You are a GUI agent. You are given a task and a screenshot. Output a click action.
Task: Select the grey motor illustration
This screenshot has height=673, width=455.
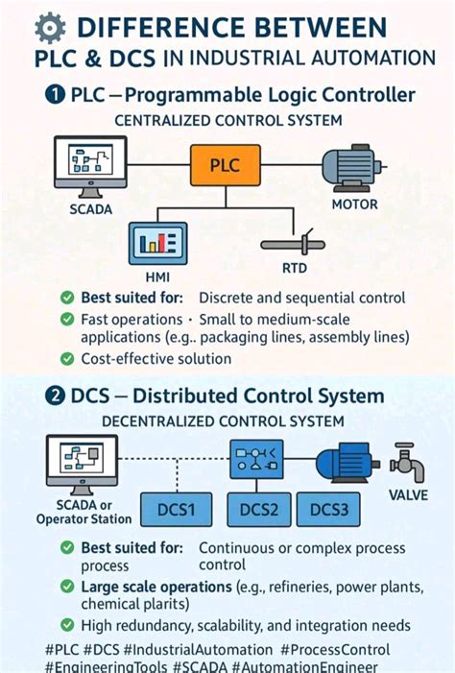pyautogui.click(x=354, y=164)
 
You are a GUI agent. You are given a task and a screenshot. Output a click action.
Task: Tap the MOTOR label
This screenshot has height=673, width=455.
pyautogui.click(x=355, y=204)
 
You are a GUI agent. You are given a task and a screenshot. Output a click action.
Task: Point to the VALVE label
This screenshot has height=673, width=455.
pyautogui.click(x=409, y=495)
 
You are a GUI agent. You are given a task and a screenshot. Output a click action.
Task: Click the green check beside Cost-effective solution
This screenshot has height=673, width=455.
pyautogui.click(x=67, y=358)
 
